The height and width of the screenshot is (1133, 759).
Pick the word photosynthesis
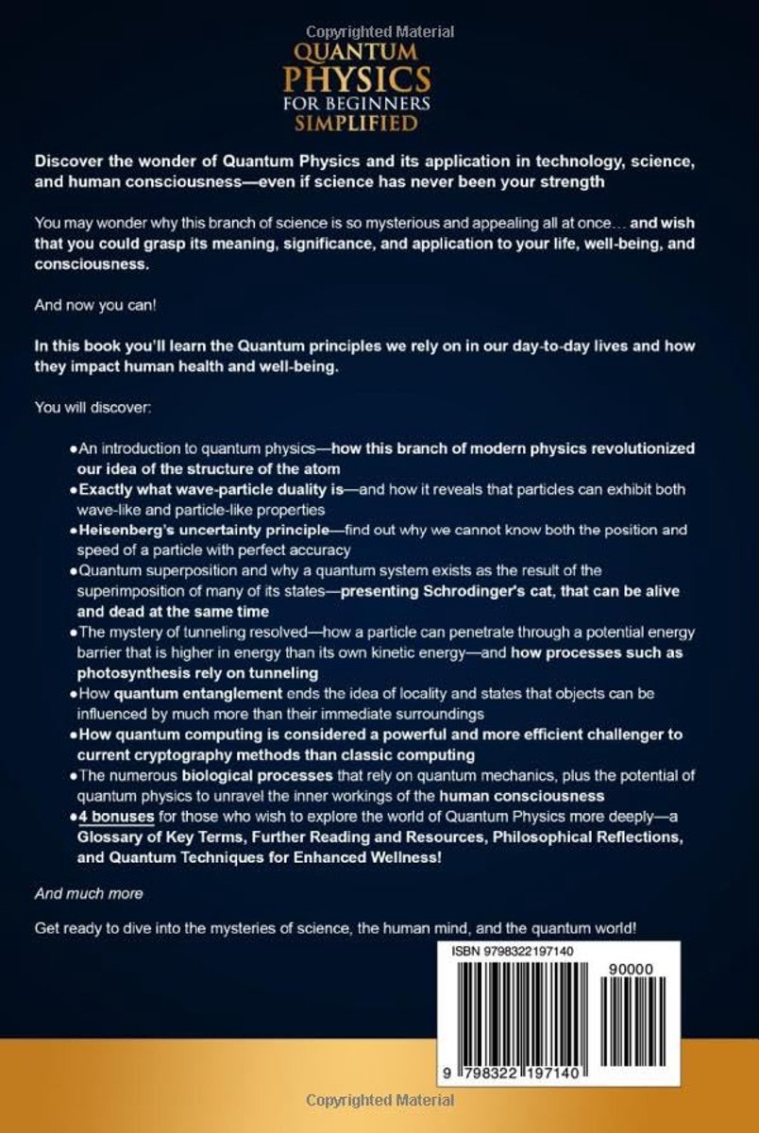click(x=140, y=672)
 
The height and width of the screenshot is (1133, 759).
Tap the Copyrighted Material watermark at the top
click(x=379, y=32)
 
